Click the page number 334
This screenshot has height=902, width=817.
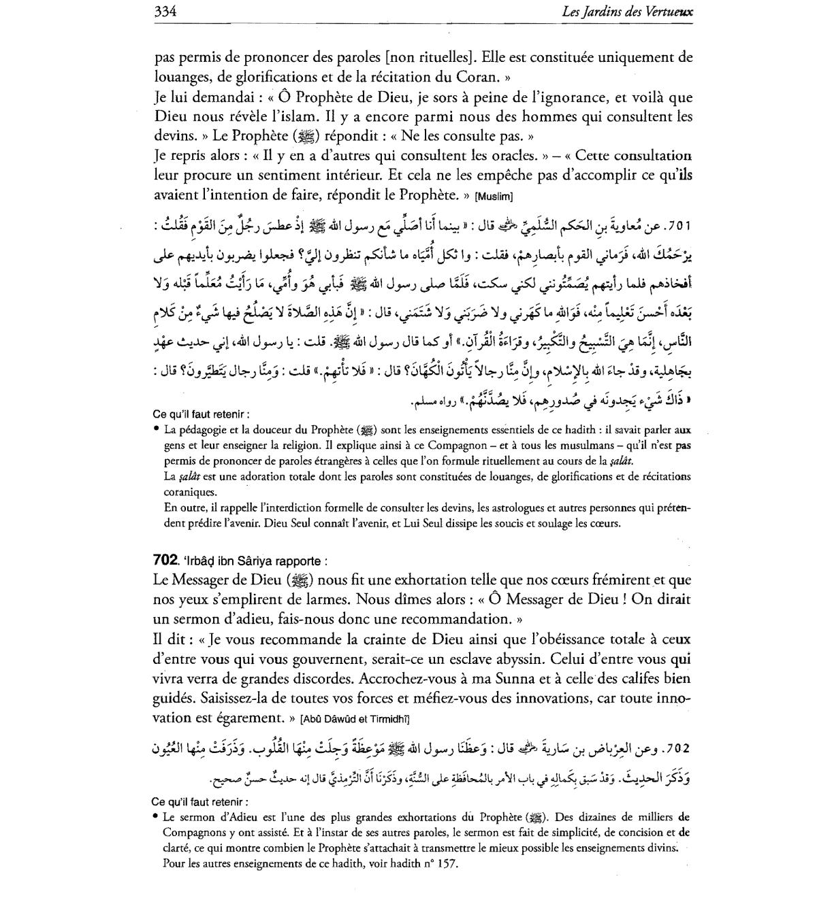[165, 11]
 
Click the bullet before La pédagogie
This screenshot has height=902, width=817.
[157, 429]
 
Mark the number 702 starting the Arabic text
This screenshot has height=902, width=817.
[678, 749]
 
